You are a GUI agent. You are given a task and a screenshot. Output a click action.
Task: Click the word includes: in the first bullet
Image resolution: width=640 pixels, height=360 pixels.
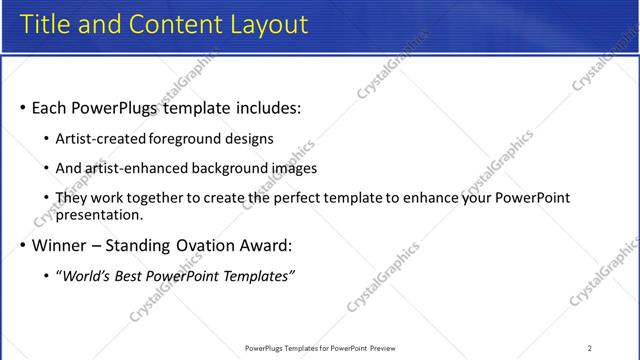263,106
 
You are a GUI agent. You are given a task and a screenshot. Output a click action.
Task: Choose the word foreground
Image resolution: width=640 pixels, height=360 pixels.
189,138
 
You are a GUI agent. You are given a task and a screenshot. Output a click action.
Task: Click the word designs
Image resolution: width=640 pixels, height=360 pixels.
250,138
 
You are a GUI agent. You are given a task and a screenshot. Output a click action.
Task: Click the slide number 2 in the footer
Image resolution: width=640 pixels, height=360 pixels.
590,348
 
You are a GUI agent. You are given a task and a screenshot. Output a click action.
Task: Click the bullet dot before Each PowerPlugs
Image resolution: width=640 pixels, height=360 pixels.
23,107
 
